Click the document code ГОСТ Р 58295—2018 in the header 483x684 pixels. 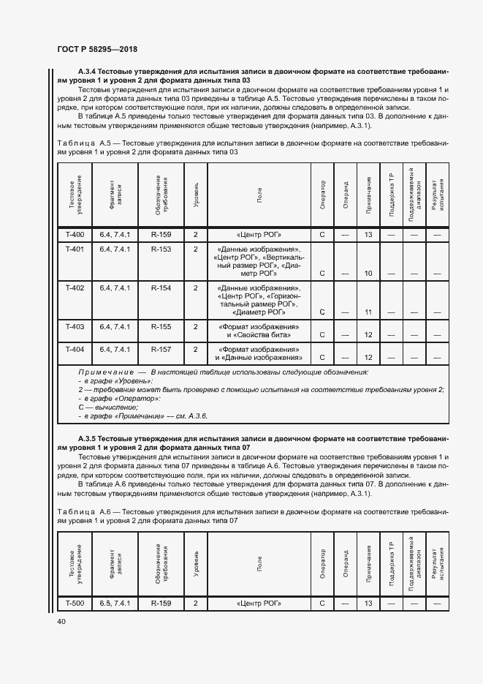pos(96,48)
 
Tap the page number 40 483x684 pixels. pos(61,621)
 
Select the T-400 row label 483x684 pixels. pos(75,235)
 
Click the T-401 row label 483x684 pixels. pos(75,249)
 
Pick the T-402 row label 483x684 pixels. pos(75,288)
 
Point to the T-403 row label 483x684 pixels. pos(75,326)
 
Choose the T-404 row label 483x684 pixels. pos(75,349)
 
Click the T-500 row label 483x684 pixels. pos(75,604)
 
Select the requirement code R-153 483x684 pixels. pos(161,249)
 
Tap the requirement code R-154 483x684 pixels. pos(161,288)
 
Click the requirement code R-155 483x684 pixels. pos(161,326)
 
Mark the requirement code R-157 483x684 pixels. pos(161,349)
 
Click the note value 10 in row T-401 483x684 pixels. pos(368,274)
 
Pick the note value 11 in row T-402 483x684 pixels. pos(368,312)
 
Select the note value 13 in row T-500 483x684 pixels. pos(368,604)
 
